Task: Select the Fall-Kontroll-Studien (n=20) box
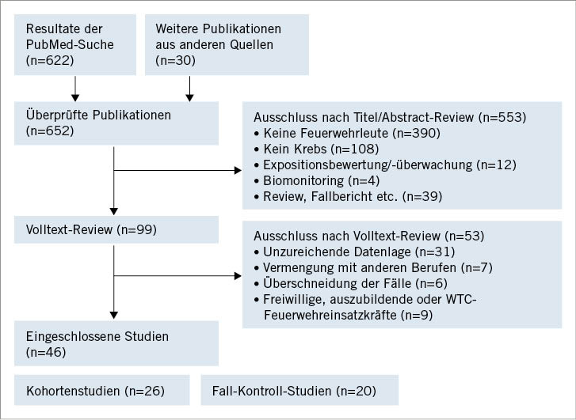tap(299, 391)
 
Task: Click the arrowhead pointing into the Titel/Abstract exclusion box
tap(238, 169)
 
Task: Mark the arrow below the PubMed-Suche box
tap(75, 85)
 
